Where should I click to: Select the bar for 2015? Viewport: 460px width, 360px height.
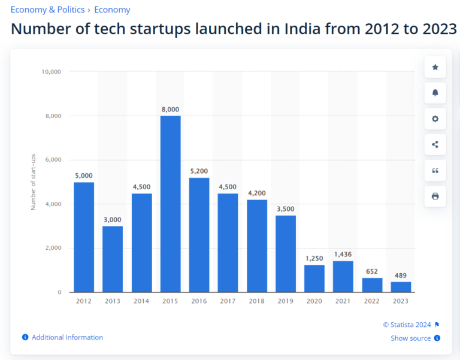[170, 204]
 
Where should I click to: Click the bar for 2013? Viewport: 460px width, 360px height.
[113, 259]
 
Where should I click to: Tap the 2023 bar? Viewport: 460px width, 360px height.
[401, 286]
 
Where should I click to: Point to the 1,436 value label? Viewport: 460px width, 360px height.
[343, 255]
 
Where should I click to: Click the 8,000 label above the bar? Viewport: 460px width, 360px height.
[170, 110]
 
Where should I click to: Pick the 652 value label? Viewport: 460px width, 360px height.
[372, 272]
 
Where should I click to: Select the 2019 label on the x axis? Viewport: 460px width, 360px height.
[286, 300]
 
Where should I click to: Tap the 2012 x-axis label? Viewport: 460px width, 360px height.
[84, 300]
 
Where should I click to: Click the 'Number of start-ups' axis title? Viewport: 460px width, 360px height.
[34, 182]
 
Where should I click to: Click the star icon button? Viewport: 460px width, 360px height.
[435, 68]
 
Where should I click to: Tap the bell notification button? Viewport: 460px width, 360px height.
[435, 93]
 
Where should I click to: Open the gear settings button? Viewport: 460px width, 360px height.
[435, 119]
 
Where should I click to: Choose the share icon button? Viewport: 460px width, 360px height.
[435, 144]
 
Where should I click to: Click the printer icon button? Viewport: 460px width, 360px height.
[435, 196]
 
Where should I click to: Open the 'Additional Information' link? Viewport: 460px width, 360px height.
[66, 337]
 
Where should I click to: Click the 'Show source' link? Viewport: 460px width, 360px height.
[411, 338]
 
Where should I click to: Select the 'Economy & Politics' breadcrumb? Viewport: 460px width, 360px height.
[47, 10]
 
